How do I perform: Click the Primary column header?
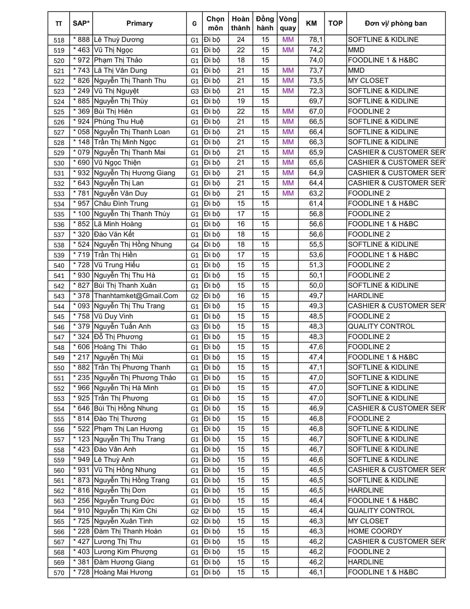[x=139, y=23]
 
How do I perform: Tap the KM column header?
[x=311, y=23]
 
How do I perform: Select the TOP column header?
[x=335, y=23]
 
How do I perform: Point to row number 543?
[x=59, y=296]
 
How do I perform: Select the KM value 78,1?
[x=316, y=39]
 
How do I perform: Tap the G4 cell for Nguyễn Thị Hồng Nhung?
[x=194, y=245]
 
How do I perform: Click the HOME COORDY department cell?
[x=375, y=531]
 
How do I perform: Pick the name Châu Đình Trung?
[x=121, y=204]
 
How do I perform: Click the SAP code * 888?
[x=81, y=39]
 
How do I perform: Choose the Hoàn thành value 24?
[x=240, y=39]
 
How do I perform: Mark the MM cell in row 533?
[x=288, y=193]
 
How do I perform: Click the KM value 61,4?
[x=316, y=204]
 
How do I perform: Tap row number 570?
[x=59, y=573]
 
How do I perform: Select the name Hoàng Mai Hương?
[x=123, y=572]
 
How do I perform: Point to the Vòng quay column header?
[x=288, y=23]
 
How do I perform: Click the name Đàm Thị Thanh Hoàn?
[x=128, y=531]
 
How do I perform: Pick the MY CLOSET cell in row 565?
[x=368, y=521]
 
